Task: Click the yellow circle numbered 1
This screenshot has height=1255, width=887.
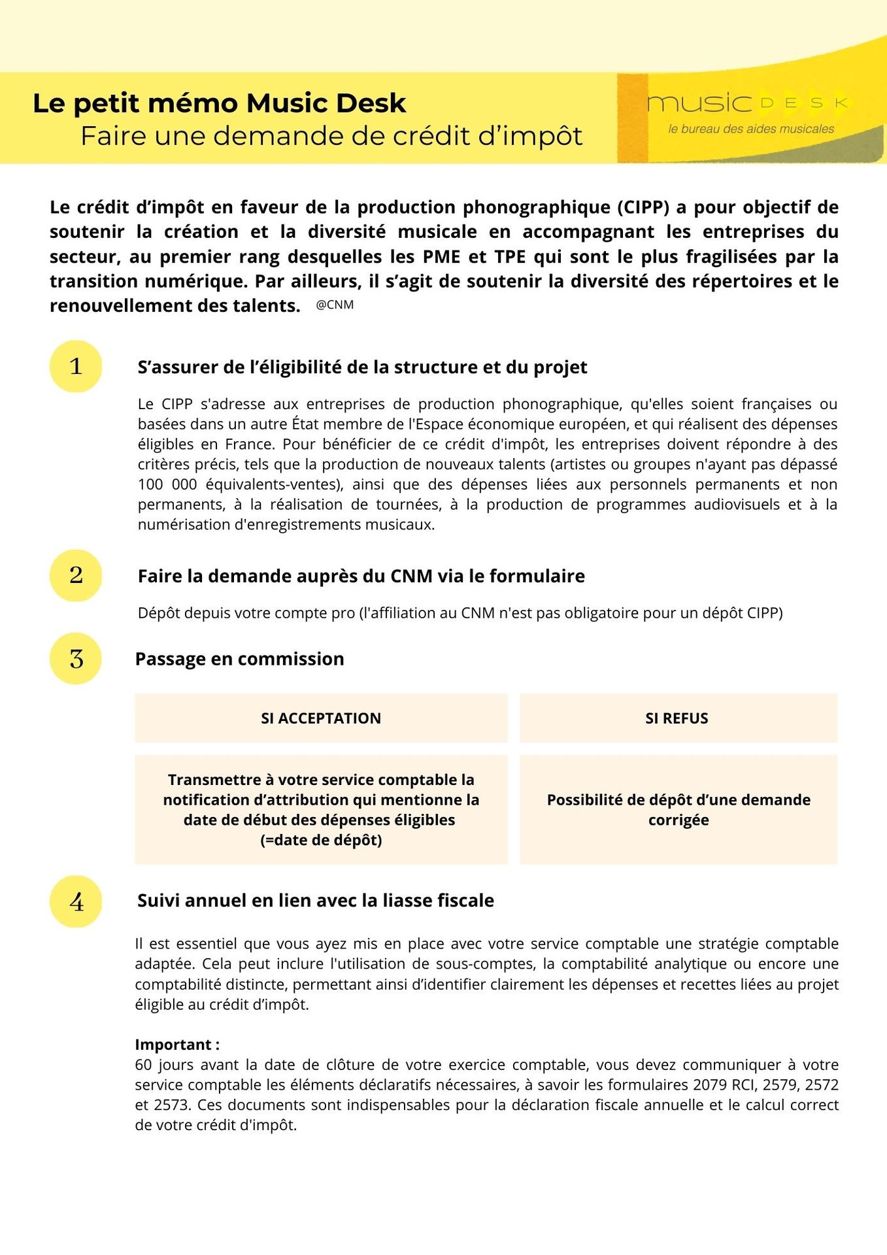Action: pos(76,367)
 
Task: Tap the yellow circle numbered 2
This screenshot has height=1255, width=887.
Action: pos(76,575)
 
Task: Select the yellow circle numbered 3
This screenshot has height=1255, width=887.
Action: pos(76,658)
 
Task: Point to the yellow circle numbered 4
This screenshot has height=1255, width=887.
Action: pos(76,901)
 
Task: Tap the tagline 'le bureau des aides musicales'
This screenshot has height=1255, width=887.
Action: pos(751,129)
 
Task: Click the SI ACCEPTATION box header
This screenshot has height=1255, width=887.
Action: pos(321,718)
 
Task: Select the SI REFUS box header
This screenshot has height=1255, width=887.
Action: pos(677,718)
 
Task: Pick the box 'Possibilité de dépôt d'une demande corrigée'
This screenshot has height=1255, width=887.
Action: pos(678,809)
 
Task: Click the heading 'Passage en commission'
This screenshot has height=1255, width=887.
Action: pos(239,659)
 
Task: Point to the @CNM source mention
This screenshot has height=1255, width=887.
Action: pos(335,305)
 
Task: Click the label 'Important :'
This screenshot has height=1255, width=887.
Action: pos(177,1044)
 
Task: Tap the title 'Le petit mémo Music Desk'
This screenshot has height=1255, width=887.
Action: pos(220,103)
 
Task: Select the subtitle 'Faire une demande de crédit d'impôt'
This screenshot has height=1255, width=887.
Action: pos(331,136)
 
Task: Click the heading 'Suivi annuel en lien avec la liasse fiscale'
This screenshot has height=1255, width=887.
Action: pos(316,901)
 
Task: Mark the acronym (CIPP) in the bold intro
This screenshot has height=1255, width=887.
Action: pos(643,207)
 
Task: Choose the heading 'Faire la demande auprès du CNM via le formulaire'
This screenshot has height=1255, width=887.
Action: pos(361,576)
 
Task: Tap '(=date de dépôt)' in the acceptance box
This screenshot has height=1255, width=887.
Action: pos(321,840)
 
